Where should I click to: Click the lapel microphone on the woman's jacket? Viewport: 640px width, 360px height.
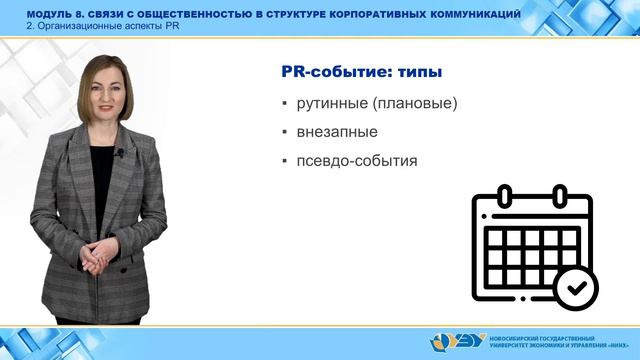pyautogui.click(x=120, y=153)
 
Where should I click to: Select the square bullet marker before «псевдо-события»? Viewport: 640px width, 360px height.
pyautogui.click(x=284, y=161)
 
